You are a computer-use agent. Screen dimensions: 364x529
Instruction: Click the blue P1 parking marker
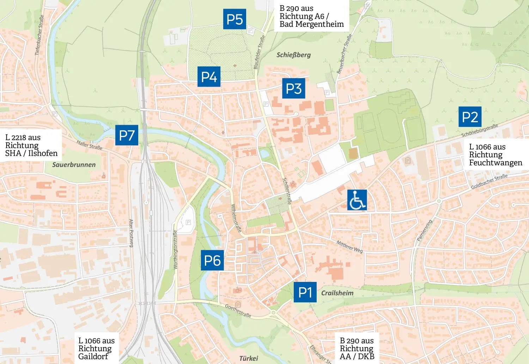[305, 292]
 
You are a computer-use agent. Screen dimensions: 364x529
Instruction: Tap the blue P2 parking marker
[470, 117]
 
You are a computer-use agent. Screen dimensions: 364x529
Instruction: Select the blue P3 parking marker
[293, 88]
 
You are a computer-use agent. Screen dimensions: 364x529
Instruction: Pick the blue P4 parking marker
[209, 76]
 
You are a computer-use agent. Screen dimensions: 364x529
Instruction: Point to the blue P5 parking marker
[235, 19]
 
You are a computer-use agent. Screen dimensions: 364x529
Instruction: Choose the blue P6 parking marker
[212, 260]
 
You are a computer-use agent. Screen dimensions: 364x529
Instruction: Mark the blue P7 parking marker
[127, 135]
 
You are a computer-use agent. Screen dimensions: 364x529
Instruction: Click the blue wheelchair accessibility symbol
[357, 200]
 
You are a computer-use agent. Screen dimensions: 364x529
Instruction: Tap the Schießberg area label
[293, 55]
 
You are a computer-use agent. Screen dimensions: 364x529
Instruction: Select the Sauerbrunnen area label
[74, 165]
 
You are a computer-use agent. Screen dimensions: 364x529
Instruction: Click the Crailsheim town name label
[337, 293]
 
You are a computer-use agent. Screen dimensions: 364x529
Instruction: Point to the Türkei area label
[249, 358]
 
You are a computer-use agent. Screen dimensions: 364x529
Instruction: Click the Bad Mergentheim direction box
[311, 16]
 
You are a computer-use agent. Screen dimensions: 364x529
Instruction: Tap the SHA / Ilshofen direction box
[31, 145]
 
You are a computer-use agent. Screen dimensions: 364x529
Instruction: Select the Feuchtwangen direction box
[495, 155]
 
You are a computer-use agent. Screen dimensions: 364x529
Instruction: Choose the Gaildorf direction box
[96, 348]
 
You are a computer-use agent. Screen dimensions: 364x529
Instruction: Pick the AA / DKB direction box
[357, 348]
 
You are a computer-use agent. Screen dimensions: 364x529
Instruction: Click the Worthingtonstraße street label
[175, 249]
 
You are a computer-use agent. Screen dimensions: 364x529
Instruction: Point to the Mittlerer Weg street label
[349, 247]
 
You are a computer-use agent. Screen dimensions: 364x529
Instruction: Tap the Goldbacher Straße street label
[489, 181]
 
